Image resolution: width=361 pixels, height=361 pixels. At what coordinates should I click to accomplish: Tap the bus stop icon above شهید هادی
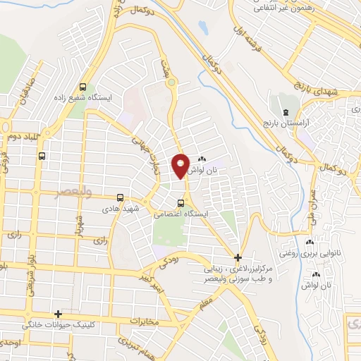(x=120, y=198)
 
